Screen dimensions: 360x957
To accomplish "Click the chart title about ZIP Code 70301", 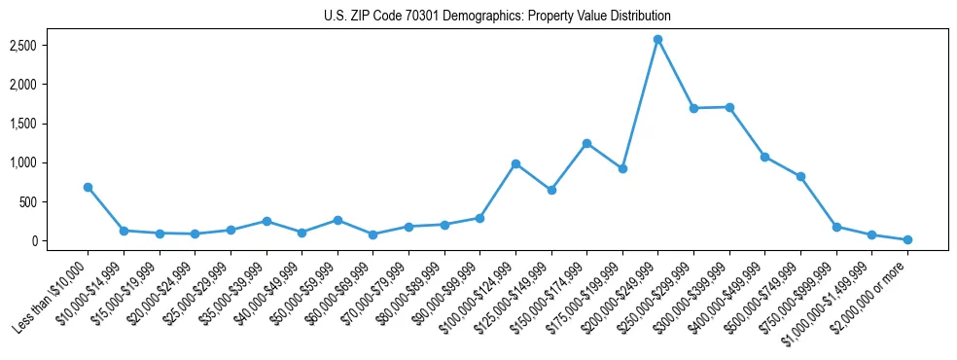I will (497, 16).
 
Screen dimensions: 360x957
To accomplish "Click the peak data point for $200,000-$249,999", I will (658, 39).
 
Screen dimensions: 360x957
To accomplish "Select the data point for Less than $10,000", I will (88, 187).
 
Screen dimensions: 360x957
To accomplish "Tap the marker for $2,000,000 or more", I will (907, 239).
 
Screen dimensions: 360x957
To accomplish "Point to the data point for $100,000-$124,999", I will (515, 163).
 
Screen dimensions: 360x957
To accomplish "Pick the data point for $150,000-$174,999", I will (586, 143).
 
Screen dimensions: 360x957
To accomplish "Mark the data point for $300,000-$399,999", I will (729, 107).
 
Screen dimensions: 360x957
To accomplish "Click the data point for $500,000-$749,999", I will (800, 176).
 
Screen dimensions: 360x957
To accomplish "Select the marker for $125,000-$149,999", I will (551, 190).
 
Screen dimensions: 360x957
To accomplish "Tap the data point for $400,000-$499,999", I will (765, 157).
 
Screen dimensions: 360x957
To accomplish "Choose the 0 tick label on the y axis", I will (59, 241).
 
